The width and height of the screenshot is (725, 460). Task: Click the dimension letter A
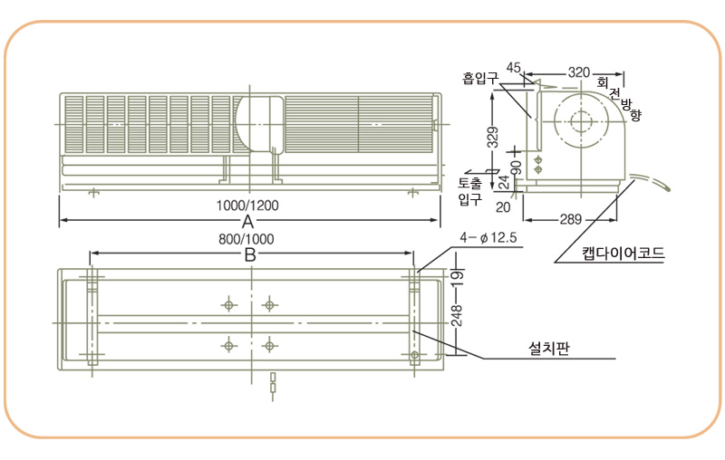tap(247, 222)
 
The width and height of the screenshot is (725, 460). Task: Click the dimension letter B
tap(250, 254)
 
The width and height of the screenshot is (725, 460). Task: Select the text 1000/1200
tap(247, 206)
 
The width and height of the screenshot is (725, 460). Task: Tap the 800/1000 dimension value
tap(246, 239)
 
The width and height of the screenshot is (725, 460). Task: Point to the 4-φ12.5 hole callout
tap(488, 238)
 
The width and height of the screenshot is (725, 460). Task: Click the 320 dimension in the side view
tap(579, 72)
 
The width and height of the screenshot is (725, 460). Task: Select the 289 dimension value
tap(571, 219)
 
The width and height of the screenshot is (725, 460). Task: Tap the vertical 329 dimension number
tap(494, 137)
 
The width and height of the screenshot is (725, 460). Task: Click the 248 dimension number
tap(457, 316)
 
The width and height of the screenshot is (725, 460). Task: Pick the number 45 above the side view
tap(513, 68)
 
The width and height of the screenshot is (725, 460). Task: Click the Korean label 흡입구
tap(480, 78)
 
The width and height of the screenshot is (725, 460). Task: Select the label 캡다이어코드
tap(623, 254)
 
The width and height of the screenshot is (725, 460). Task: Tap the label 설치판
tap(549, 348)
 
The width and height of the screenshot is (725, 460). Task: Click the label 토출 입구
tap(470, 191)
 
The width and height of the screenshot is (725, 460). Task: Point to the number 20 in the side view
tap(503, 207)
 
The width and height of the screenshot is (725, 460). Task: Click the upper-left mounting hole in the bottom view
tap(228, 305)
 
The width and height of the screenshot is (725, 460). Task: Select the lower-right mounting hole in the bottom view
tap(269, 345)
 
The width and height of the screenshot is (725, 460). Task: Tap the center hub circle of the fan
tap(581, 121)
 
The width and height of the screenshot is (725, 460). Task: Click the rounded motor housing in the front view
tap(259, 123)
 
